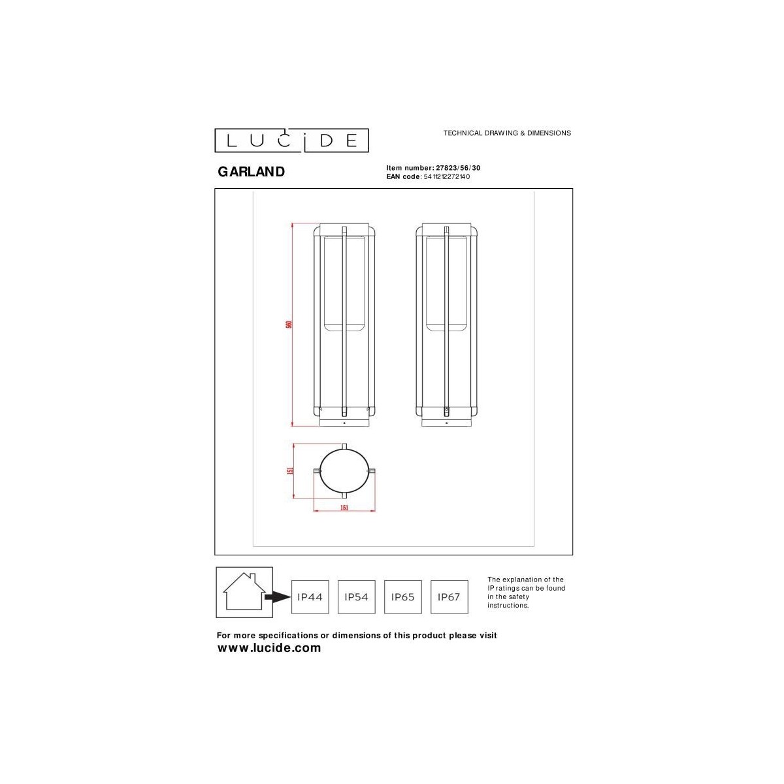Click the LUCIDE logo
click(x=292, y=140)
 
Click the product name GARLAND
click(x=251, y=172)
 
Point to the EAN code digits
click(x=447, y=176)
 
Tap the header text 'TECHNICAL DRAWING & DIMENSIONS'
click(x=507, y=133)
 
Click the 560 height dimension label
click(x=288, y=325)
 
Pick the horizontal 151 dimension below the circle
click(x=344, y=508)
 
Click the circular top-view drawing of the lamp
click(x=344, y=470)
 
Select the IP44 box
click(x=310, y=596)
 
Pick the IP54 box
click(x=356, y=596)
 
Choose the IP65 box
click(x=402, y=596)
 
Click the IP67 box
click(x=449, y=596)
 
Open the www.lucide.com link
click(x=269, y=648)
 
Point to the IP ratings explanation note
click(x=526, y=593)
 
